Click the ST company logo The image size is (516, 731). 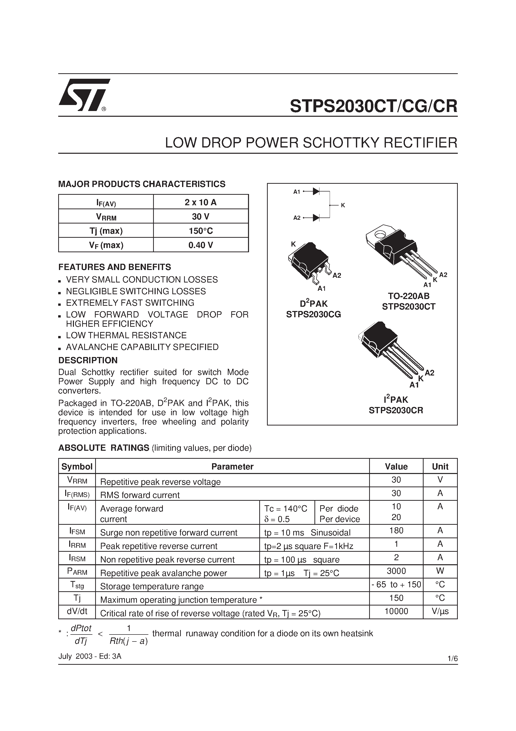click(x=83, y=95)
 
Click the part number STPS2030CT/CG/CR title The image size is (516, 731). click(x=373, y=106)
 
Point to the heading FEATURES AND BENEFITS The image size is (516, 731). click(x=115, y=267)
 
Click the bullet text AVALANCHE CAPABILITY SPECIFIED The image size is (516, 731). click(x=142, y=347)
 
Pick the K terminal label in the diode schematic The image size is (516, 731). click(x=343, y=205)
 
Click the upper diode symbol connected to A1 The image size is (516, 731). click(x=316, y=191)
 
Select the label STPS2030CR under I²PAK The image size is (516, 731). click(x=396, y=410)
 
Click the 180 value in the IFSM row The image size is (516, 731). click(x=396, y=530)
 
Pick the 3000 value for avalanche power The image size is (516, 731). click(x=396, y=571)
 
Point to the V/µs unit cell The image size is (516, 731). click(x=440, y=611)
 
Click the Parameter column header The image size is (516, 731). click(x=232, y=466)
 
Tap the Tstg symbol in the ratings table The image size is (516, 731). click(x=77, y=584)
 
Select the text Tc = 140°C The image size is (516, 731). click(x=285, y=508)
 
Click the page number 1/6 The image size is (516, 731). click(x=452, y=659)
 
